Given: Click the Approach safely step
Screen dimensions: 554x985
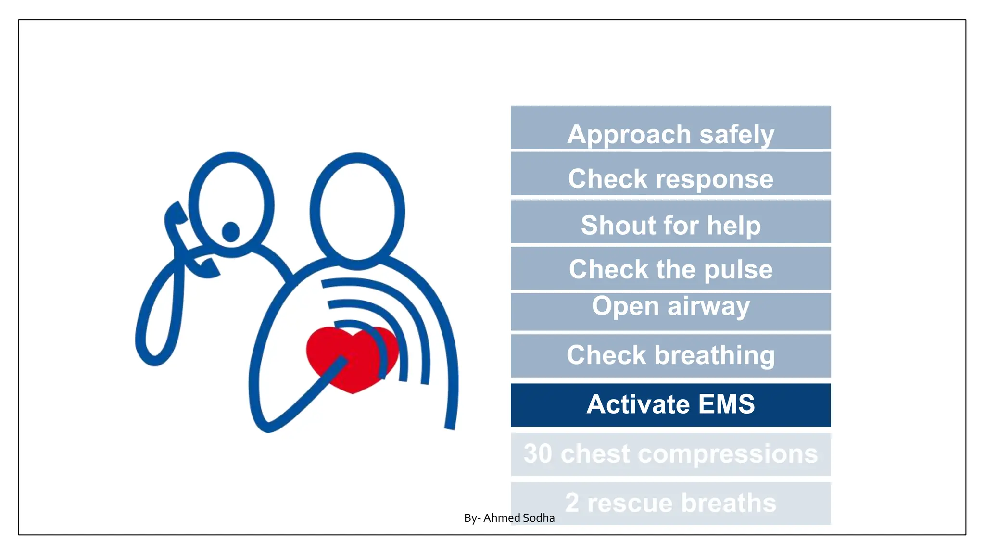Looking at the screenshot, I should pyautogui.click(x=670, y=128).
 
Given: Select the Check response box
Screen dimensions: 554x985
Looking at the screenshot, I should pyautogui.click(x=670, y=174).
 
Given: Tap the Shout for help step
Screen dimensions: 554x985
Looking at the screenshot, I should pyautogui.click(x=670, y=222).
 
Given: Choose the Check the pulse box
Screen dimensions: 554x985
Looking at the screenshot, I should pyautogui.click(x=670, y=268).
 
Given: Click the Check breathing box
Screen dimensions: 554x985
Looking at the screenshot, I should pyautogui.click(x=670, y=356).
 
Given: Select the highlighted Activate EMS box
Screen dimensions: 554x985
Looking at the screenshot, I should pyautogui.click(x=670, y=404).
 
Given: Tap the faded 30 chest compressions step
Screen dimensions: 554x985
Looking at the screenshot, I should pyautogui.click(x=670, y=454).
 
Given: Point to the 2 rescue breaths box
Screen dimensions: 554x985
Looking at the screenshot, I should pyautogui.click(x=670, y=503).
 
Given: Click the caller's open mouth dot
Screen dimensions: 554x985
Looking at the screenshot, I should pyautogui.click(x=231, y=232).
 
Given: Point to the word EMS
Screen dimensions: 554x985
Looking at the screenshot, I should pyautogui.click(x=726, y=404).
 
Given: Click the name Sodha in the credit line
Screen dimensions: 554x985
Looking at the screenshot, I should pyautogui.click(x=538, y=518).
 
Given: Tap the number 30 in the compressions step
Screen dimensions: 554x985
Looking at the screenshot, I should pyautogui.click(x=538, y=454).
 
